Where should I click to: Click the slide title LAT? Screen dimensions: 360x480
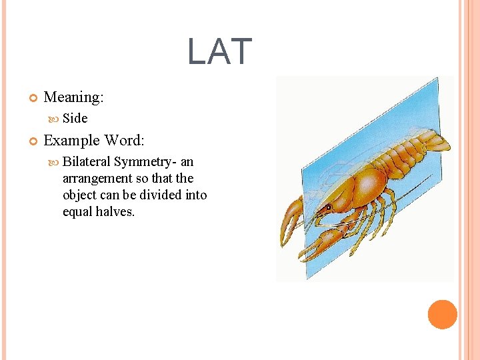click(x=219, y=51)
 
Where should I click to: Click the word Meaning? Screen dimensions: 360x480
click(x=73, y=97)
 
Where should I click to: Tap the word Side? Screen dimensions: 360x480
click(x=75, y=118)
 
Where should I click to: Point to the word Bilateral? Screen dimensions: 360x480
click(x=87, y=161)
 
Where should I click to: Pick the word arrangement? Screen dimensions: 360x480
click(x=97, y=178)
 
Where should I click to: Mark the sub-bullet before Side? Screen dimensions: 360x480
click(x=53, y=119)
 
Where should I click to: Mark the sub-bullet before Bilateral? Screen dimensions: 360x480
click(x=53, y=162)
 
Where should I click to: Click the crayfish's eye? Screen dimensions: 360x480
click(x=329, y=207)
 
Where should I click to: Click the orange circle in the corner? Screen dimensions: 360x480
click(x=442, y=315)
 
